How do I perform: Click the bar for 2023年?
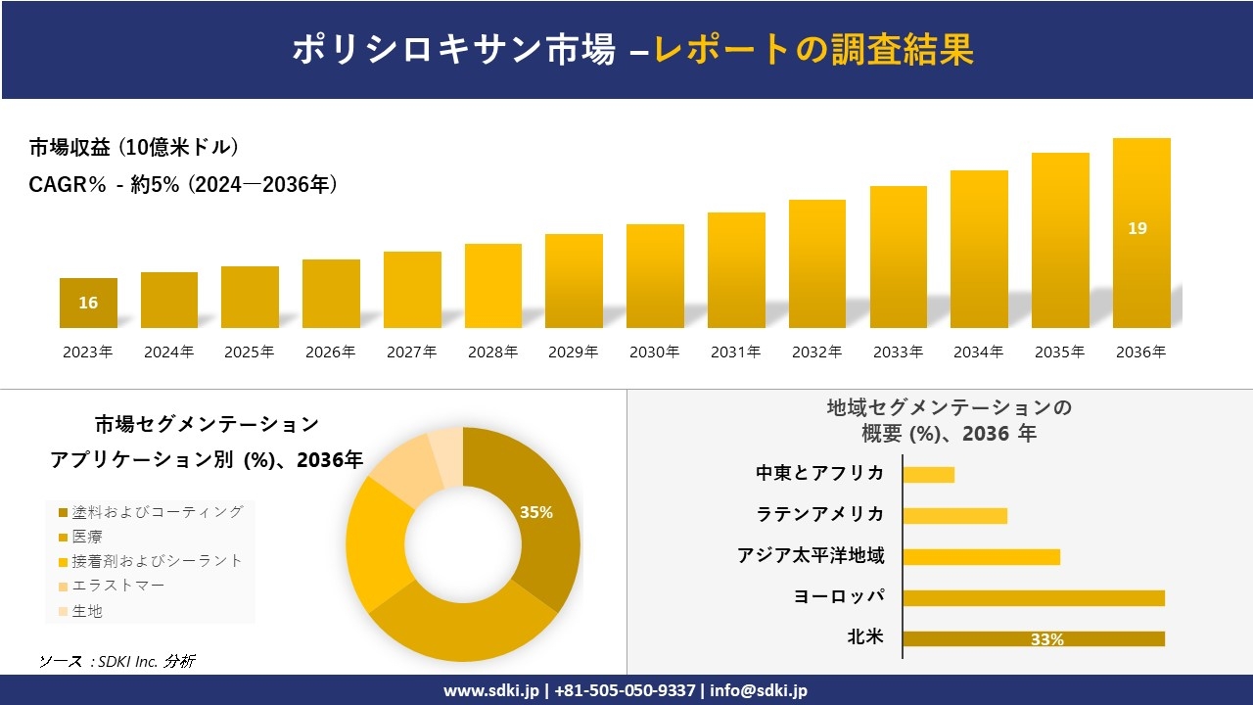tap(88, 303)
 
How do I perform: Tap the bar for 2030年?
tap(655, 276)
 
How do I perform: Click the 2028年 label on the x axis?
tap(492, 352)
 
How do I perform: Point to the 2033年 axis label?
tap(898, 352)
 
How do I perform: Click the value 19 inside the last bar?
tap(1137, 228)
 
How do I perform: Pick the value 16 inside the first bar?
tap(88, 303)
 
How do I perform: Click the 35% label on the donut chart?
tap(536, 512)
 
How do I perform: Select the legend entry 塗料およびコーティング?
tap(151, 511)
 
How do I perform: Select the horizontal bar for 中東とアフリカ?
tap(928, 475)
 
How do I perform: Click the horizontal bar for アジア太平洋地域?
tap(981, 557)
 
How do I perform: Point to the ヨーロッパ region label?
tap(839, 596)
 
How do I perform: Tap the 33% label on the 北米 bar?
tap(1046, 639)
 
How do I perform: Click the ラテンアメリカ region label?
tap(820, 514)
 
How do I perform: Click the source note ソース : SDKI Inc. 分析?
tap(116, 661)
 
